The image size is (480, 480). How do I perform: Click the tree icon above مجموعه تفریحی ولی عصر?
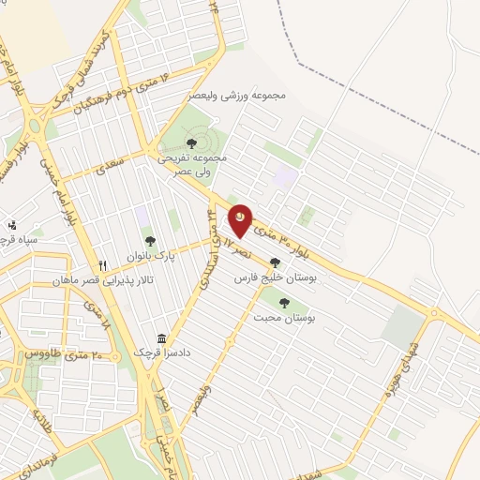(191, 142)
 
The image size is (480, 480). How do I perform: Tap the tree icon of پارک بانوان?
(174, 240)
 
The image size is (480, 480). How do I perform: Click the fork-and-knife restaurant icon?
(103, 265)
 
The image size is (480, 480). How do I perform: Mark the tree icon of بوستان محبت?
(284, 302)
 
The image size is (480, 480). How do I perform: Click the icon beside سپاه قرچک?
(11, 225)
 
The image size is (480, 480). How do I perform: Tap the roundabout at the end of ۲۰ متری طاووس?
(127, 361)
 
